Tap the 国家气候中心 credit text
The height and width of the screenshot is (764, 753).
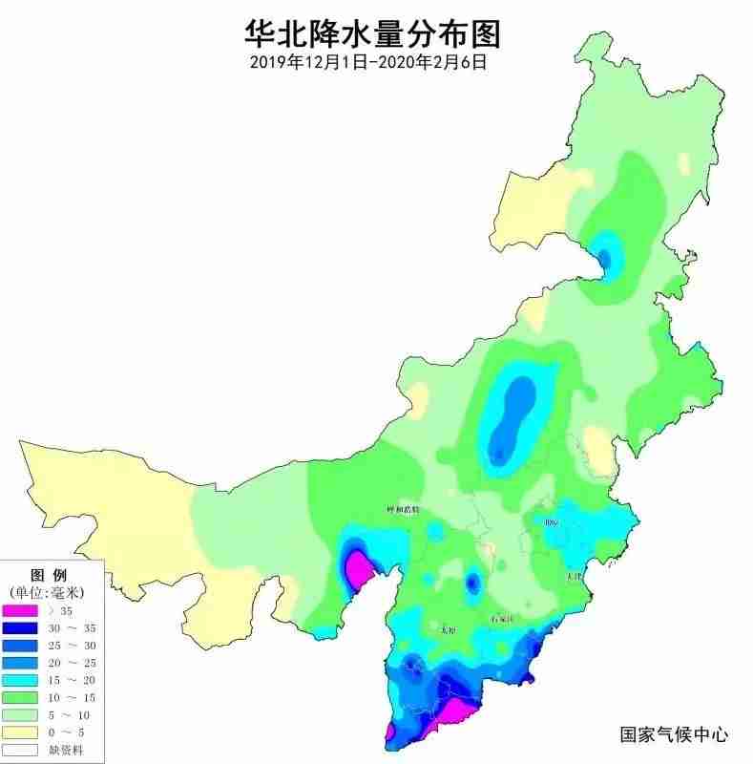click(674, 734)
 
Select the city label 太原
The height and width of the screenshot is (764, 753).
click(448, 630)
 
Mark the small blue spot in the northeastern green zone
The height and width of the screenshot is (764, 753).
click(603, 256)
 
